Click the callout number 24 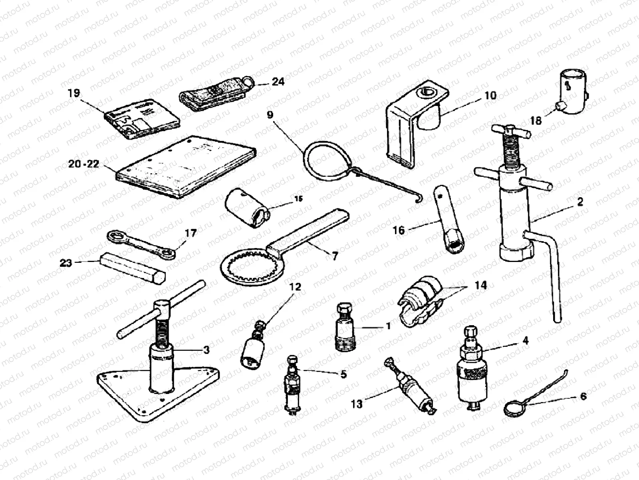coord(278,82)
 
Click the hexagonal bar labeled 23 coord(133,267)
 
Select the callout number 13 coord(357,404)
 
